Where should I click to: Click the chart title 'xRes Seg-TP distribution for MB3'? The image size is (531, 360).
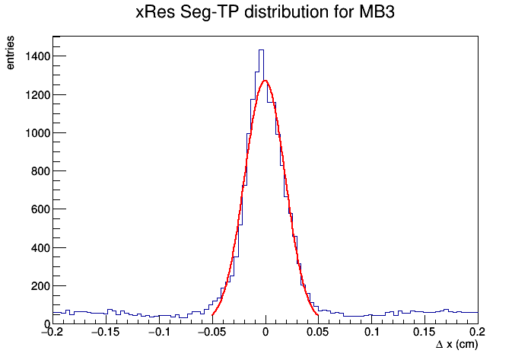(x=265, y=13)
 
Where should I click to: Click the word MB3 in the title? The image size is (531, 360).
(x=377, y=12)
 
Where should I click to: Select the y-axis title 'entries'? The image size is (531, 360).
(x=10, y=53)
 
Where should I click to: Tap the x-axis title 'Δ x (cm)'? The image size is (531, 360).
(x=456, y=345)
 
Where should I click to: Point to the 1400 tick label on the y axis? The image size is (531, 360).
(x=38, y=56)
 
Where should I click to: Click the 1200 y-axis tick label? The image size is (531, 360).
(x=38, y=95)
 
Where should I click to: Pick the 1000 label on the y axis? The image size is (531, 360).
(x=38, y=133)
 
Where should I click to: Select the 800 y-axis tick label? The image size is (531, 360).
(x=40, y=171)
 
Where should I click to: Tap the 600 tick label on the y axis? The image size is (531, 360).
(x=40, y=209)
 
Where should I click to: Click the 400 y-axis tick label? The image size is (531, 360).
(x=40, y=248)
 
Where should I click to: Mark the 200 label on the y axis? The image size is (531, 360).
(x=40, y=286)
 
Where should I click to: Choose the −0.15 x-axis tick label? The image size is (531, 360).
(x=106, y=332)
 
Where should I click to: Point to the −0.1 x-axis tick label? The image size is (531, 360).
(x=159, y=332)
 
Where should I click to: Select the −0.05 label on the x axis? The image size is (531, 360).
(x=212, y=332)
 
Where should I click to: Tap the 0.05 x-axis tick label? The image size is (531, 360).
(x=319, y=332)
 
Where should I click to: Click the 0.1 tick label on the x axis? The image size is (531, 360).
(x=372, y=332)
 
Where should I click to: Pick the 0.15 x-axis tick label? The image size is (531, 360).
(x=425, y=332)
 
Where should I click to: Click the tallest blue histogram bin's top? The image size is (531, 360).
(x=261, y=50)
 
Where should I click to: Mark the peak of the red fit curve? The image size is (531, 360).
(x=265, y=81)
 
